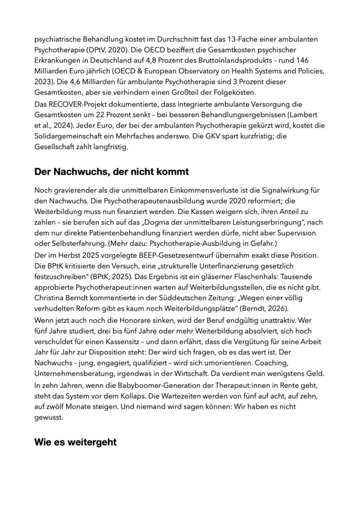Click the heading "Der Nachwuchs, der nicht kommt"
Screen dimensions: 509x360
pyautogui.click(x=111, y=171)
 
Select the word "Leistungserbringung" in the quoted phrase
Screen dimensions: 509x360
pyautogui.click(x=254, y=233)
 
